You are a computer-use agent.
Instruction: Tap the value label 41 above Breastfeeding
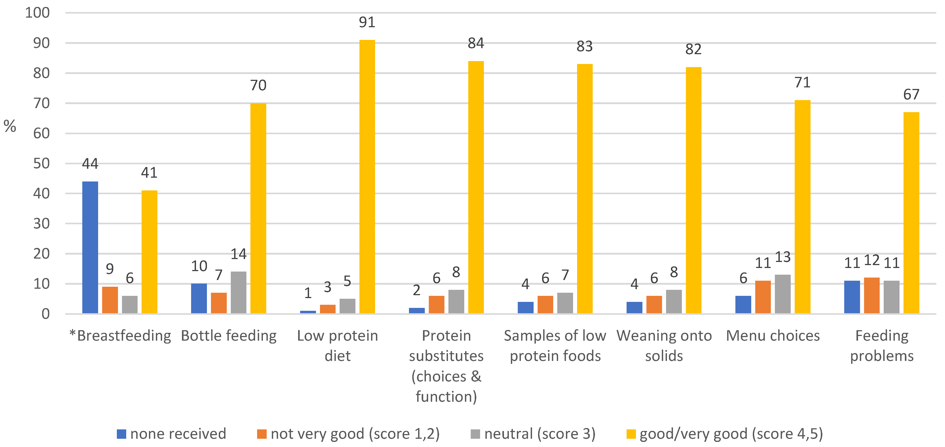click(x=149, y=173)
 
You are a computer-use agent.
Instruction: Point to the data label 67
click(x=911, y=95)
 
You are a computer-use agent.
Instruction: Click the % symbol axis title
click(x=10, y=126)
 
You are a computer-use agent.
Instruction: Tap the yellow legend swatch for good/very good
click(x=631, y=434)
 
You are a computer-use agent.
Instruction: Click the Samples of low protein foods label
click(x=555, y=346)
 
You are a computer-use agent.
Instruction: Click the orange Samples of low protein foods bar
click(x=545, y=304)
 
